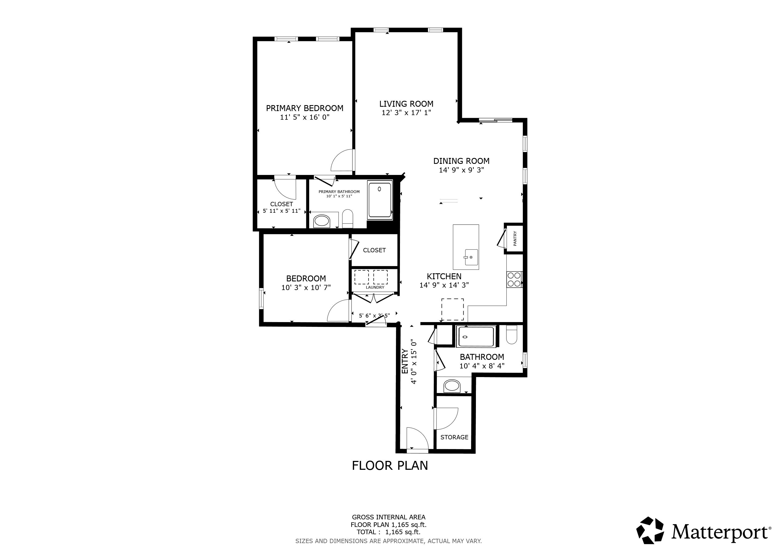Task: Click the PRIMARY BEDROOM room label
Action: coord(304,108)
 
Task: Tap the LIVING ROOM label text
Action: coord(406,104)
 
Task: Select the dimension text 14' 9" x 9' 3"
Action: coord(461,170)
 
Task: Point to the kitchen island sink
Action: coord(471,257)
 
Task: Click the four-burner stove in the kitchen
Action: coord(514,280)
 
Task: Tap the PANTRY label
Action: coord(515,239)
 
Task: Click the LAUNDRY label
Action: coord(375,287)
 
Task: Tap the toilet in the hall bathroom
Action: coord(512,334)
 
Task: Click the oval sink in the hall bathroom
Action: coord(452,386)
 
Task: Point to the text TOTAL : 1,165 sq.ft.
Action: coord(389,532)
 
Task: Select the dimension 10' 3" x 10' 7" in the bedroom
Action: coord(306,288)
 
